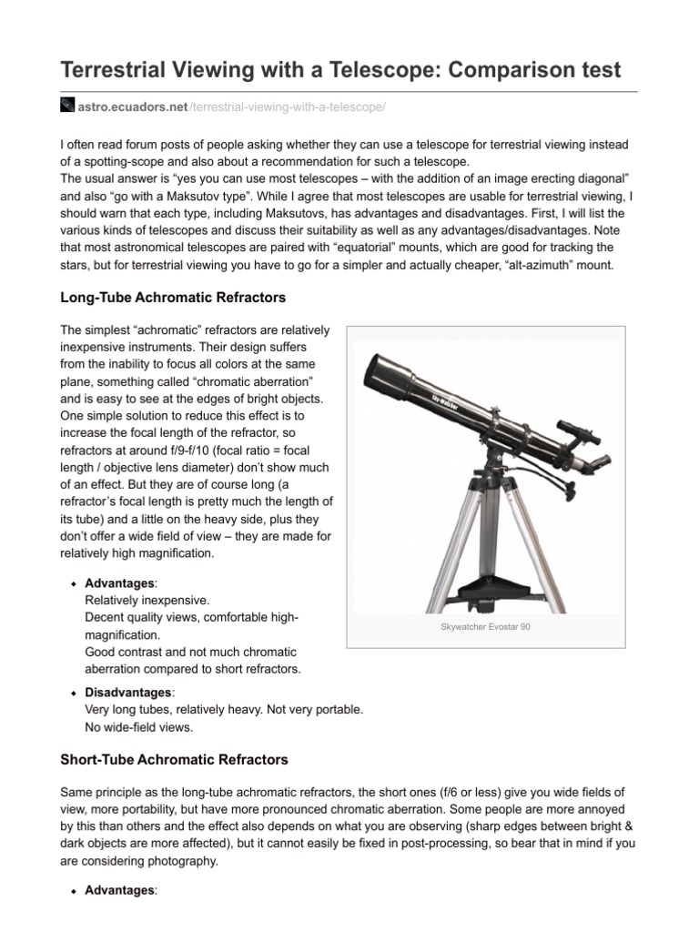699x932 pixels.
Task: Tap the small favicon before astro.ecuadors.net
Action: (x=66, y=106)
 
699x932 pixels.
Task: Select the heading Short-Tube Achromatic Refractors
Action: (x=174, y=758)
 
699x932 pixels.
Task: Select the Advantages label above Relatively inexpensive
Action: (x=120, y=582)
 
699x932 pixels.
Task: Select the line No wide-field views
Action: (x=139, y=727)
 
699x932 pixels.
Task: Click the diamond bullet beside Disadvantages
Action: (x=73, y=693)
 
